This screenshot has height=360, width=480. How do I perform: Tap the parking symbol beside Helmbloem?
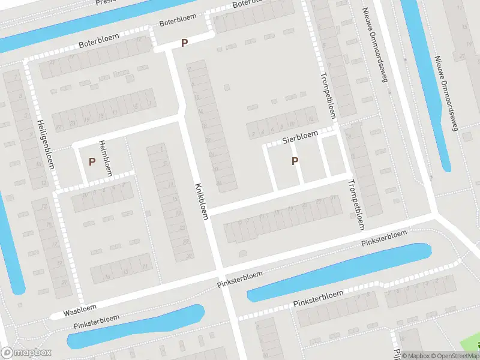(x=92, y=161)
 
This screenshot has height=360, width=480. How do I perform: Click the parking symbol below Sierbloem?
(x=295, y=161)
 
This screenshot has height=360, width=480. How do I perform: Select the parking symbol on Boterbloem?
(x=184, y=43)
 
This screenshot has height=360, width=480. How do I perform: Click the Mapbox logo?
(x=26, y=353)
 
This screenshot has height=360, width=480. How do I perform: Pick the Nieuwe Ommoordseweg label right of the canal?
(x=446, y=93)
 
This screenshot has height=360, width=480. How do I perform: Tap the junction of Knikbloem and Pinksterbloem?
(x=220, y=268)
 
